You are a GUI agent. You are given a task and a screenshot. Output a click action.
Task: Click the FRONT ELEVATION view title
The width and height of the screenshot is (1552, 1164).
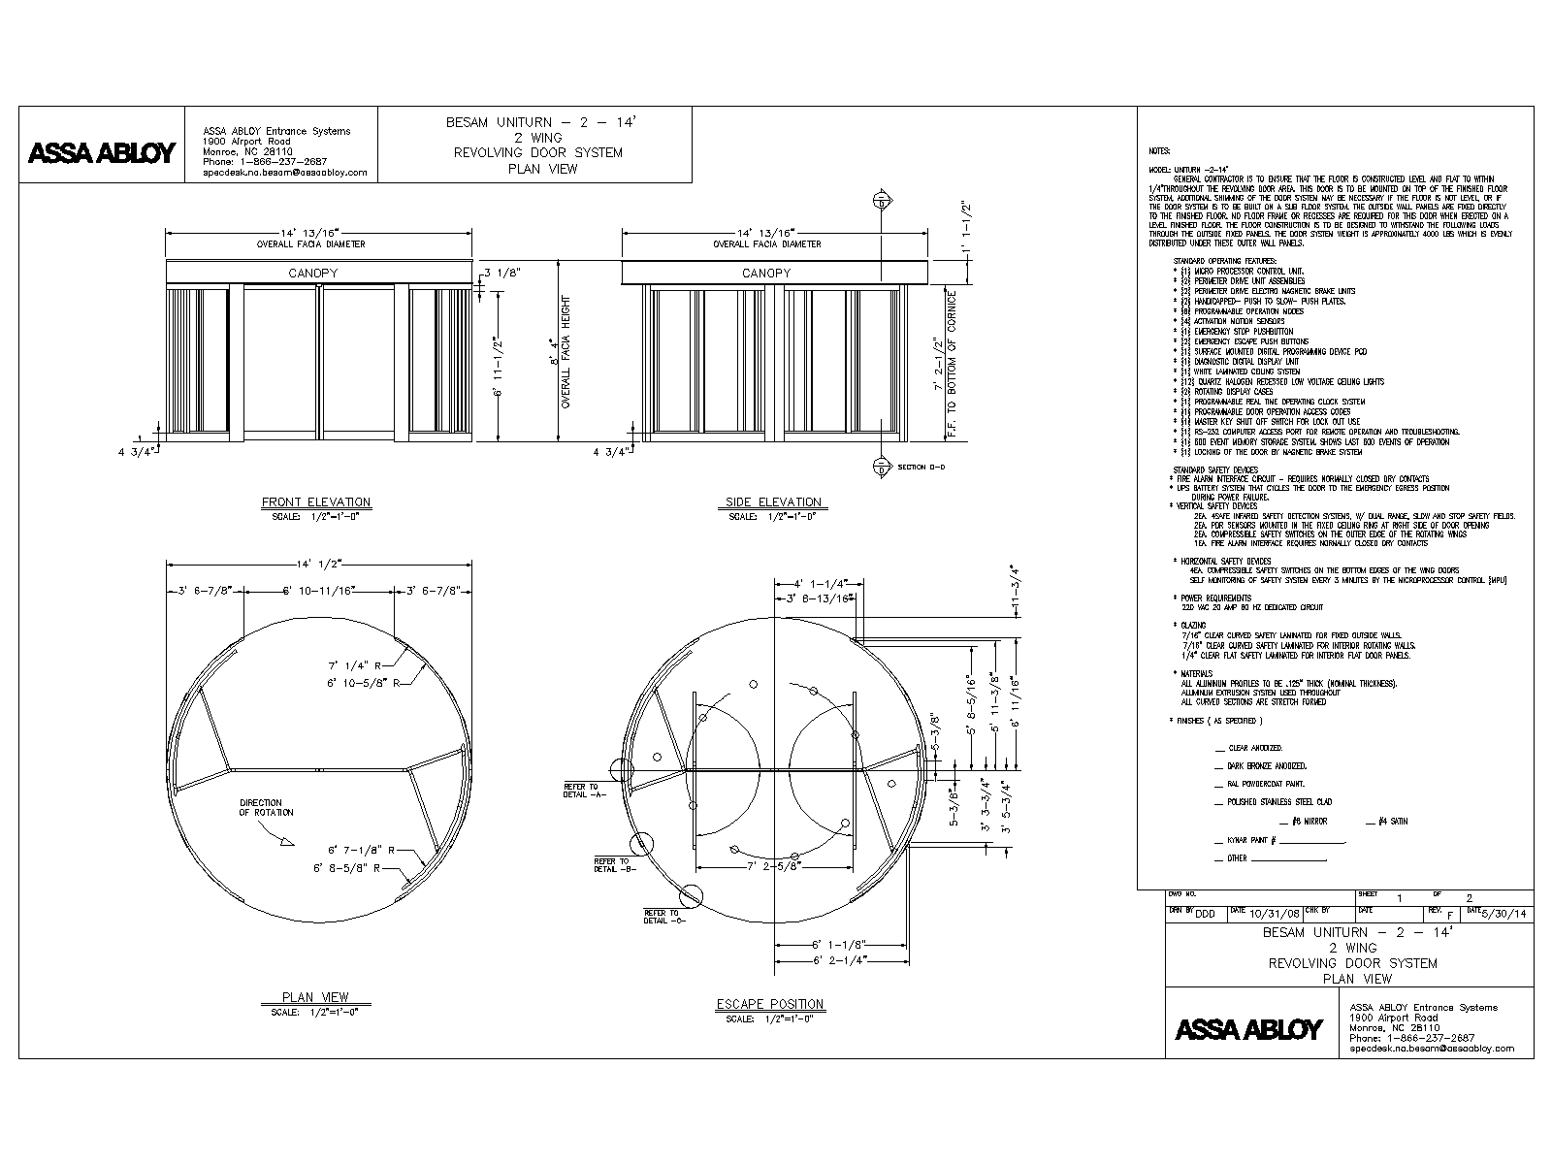pos(316,502)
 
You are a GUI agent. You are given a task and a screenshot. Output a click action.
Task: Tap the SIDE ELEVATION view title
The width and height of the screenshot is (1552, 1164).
pos(773,502)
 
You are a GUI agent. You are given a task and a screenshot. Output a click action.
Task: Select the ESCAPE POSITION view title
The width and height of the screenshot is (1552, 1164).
pos(770,1004)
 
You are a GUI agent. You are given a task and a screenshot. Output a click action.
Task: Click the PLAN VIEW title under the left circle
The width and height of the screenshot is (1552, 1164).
pos(315,997)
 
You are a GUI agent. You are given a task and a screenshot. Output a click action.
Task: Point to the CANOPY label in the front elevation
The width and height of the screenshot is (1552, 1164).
pos(312,274)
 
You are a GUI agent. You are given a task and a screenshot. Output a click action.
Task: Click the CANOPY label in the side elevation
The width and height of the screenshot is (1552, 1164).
pos(766,274)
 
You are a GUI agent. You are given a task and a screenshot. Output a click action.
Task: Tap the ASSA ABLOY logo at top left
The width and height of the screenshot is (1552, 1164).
pos(102,153)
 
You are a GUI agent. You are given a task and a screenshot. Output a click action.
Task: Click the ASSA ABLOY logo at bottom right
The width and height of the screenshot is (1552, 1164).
pos(1248,1029)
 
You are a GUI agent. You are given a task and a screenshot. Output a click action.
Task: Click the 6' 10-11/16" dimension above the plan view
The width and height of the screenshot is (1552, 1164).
pos(318,590)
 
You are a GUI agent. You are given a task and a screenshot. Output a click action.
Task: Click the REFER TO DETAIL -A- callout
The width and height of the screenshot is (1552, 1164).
pos(585,790)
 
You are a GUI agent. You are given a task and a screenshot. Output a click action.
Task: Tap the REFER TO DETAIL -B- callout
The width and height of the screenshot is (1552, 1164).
pos(611,864)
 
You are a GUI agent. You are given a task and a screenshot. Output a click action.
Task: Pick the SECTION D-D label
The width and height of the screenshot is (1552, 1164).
pos(921,468)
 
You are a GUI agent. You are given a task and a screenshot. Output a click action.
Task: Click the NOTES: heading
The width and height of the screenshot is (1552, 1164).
pos(1159,151)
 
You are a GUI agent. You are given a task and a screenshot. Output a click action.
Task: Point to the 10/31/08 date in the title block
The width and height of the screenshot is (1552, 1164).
pos(1272,914)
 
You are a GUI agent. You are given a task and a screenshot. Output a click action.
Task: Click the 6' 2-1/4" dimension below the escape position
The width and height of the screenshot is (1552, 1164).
pos(839,960)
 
